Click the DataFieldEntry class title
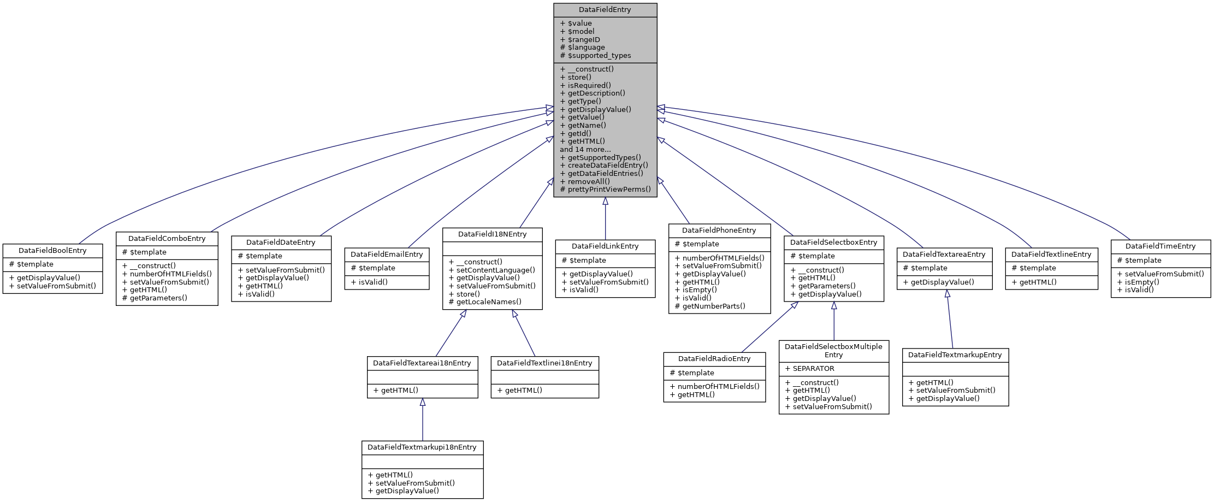click(x=605, y=10)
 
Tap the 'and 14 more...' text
click(x=585, y=149)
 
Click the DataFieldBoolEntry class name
click(x=52, y=251)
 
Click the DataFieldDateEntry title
click(x=281, y=243)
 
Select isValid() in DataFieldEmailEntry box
click(x=372, y=282)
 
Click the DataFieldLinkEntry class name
click(x=605, y=246)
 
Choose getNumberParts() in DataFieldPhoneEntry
click(x=713, y=306)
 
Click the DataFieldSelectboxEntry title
click(x=833, y=243)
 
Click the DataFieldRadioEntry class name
click(x=714, y=359)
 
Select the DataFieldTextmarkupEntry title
click(x=955, y=355)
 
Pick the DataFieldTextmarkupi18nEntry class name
click(x=422, y=447)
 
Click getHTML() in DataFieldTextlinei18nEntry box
click(x=523, y=390)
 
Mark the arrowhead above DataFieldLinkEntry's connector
click(x=605, y=201)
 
